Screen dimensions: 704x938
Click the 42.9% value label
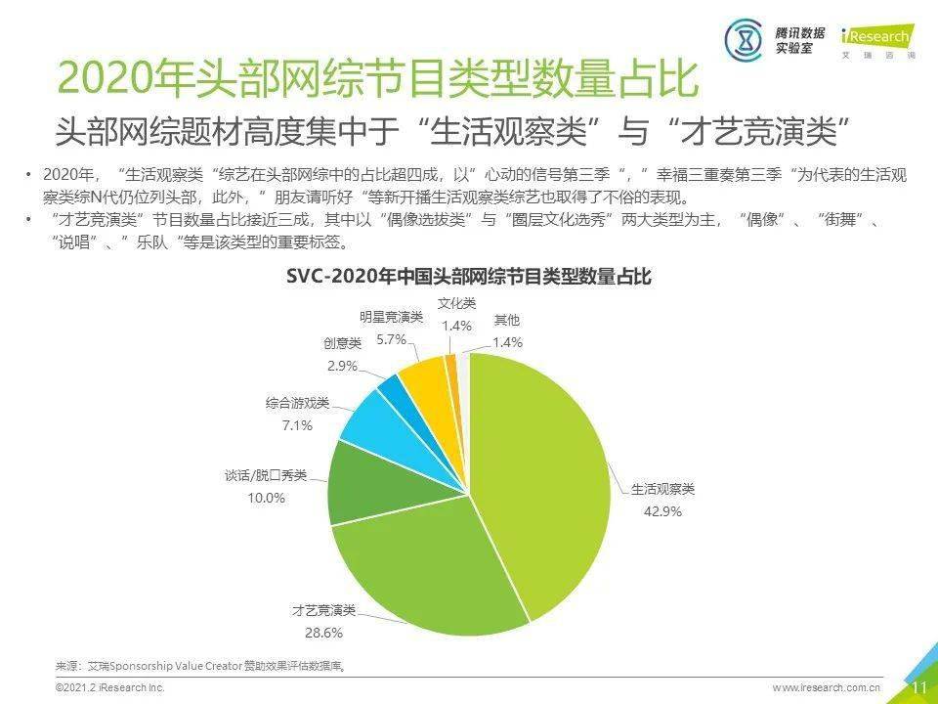pos(661,510)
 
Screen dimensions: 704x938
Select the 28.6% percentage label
pos(323,633)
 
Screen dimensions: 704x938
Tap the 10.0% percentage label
pos(266,498)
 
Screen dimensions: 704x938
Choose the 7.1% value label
pos(297,425)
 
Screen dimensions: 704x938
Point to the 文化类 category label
pos(456,304)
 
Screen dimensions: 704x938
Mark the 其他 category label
pos(507,320)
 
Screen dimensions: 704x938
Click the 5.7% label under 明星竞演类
pos(391,339)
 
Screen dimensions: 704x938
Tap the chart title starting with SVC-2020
pos(468,277)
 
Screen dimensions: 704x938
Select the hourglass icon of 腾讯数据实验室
pos(745,39)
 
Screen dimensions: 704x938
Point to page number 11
pos(918,687)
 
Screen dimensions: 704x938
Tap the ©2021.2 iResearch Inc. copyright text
pos(109,688)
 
